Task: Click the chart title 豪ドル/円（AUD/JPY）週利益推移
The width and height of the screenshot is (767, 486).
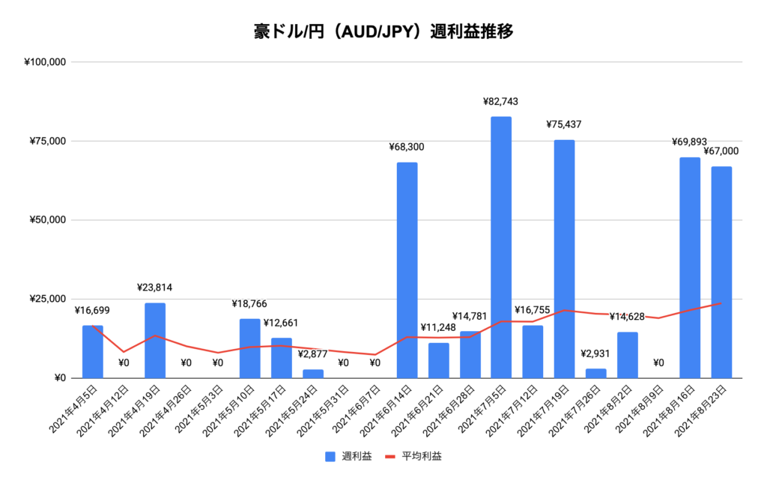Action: (x=383, y=32)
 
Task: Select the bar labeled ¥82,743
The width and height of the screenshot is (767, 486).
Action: (x=501, y=247)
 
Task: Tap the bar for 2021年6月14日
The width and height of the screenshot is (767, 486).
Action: (x=407, y=270)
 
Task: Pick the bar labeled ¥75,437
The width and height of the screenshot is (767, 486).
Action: (x=564, y=258)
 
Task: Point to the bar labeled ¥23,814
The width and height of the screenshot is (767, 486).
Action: (x=155, y=340)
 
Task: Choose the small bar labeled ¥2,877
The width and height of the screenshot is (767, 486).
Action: (x=312, y=373)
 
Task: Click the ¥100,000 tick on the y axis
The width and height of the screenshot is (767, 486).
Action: (x=46, y=62)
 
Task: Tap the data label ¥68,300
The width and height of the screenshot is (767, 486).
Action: (x=407, y=147)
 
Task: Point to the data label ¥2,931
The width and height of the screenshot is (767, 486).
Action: (x=595, y=353)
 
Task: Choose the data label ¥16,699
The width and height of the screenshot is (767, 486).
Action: (x=92, y=310)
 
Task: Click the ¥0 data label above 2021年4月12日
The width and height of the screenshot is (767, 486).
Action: (x=124, y=363)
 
